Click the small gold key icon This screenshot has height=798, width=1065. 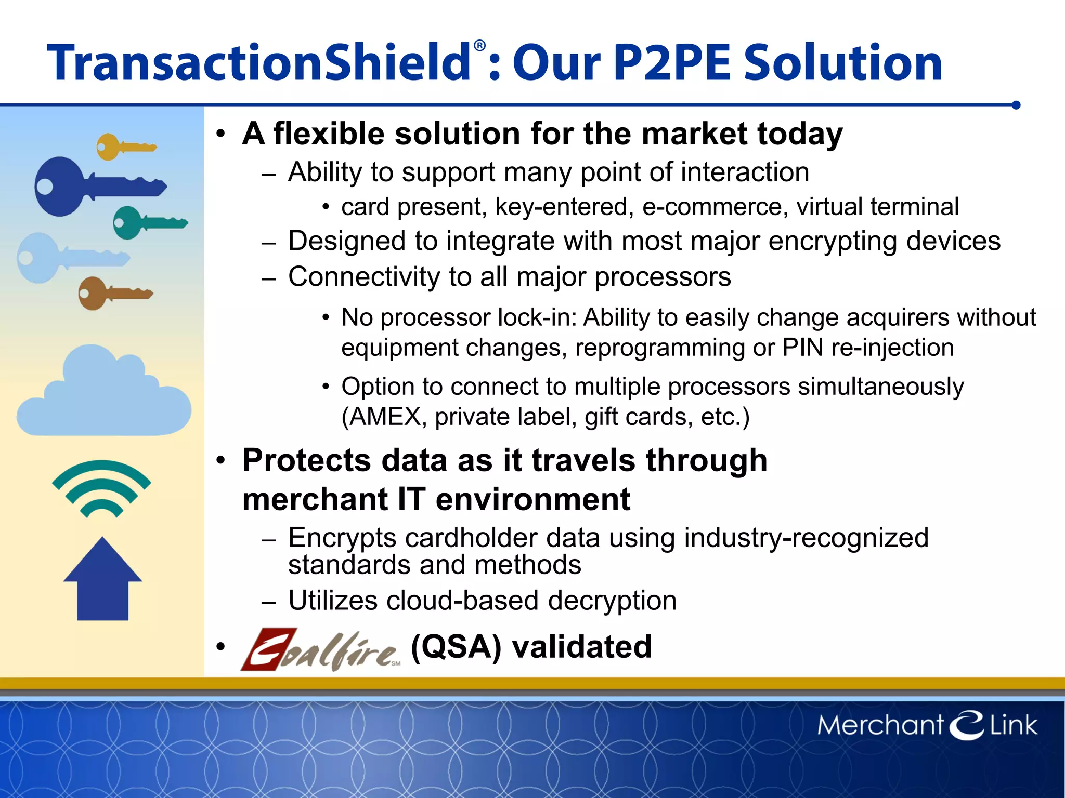pyautogui.click(x=125, y=147)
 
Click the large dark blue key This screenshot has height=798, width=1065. pyautogui.click(x=94, y=186)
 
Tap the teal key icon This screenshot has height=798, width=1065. pyautogui.click(x=148, y=223)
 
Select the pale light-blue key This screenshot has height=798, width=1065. pyautogui.click(x=68, y=258)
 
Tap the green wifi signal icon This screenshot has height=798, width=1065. pyautogui.click(x=101, y=488)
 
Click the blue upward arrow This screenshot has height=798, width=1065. pyautogui.click(x=102, y=579)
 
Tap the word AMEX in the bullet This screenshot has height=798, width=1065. pyautogui.click(x=385, y=417)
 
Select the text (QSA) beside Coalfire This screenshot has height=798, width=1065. pyautogui.click(x=456, y=647)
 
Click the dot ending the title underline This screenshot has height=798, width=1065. pyautogui.click(x=1016, y=105)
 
